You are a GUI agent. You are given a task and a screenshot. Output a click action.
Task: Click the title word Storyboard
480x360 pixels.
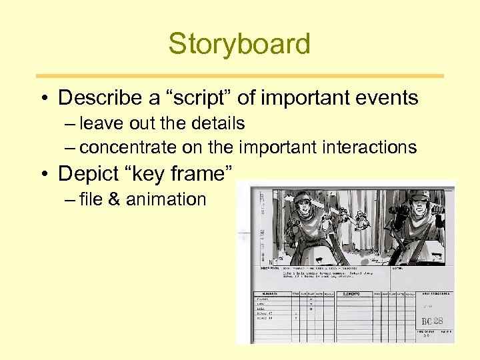(x=239, y=44)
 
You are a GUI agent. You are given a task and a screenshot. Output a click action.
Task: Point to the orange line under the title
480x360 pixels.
(x=239, y=76)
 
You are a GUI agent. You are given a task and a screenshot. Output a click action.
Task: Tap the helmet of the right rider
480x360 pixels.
(x=419, y=195)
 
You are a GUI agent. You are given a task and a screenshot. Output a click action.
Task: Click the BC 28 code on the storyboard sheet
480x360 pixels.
(x=433, y=321)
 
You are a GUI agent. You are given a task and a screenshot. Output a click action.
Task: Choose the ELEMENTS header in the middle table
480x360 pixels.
(x=351, y=293)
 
